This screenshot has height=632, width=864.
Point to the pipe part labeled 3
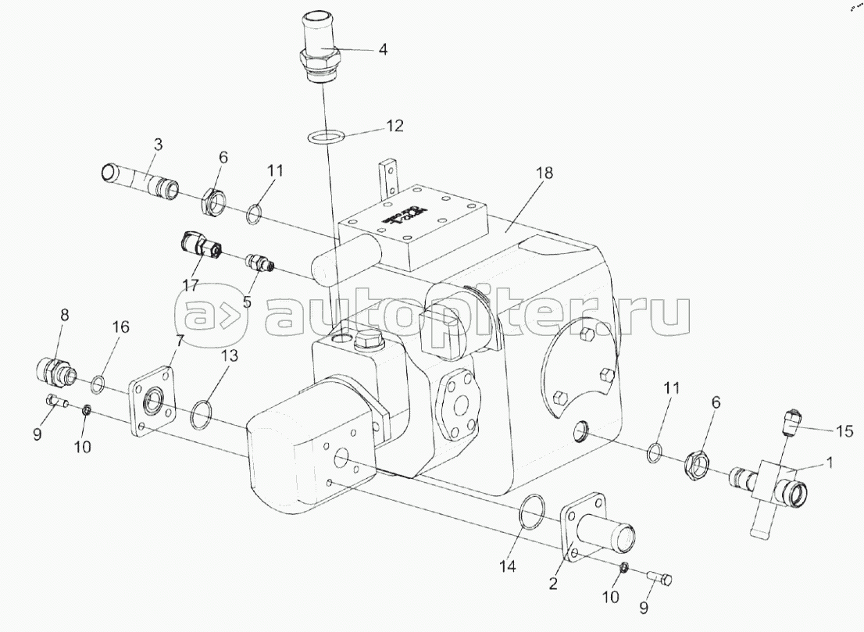[x=141, y=179]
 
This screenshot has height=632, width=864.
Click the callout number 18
[x=544, y=173]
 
